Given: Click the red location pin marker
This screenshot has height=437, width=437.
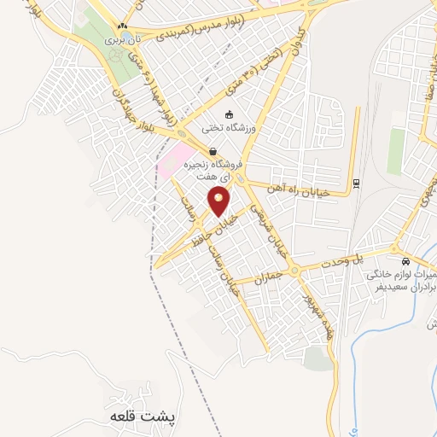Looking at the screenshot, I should pos(219,202).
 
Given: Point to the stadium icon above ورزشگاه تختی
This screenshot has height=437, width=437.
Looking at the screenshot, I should pos(228,114).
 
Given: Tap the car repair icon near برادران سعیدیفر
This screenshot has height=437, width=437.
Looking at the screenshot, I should pos(405,261).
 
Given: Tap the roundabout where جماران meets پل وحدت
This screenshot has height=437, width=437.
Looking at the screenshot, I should pos(295,271).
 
